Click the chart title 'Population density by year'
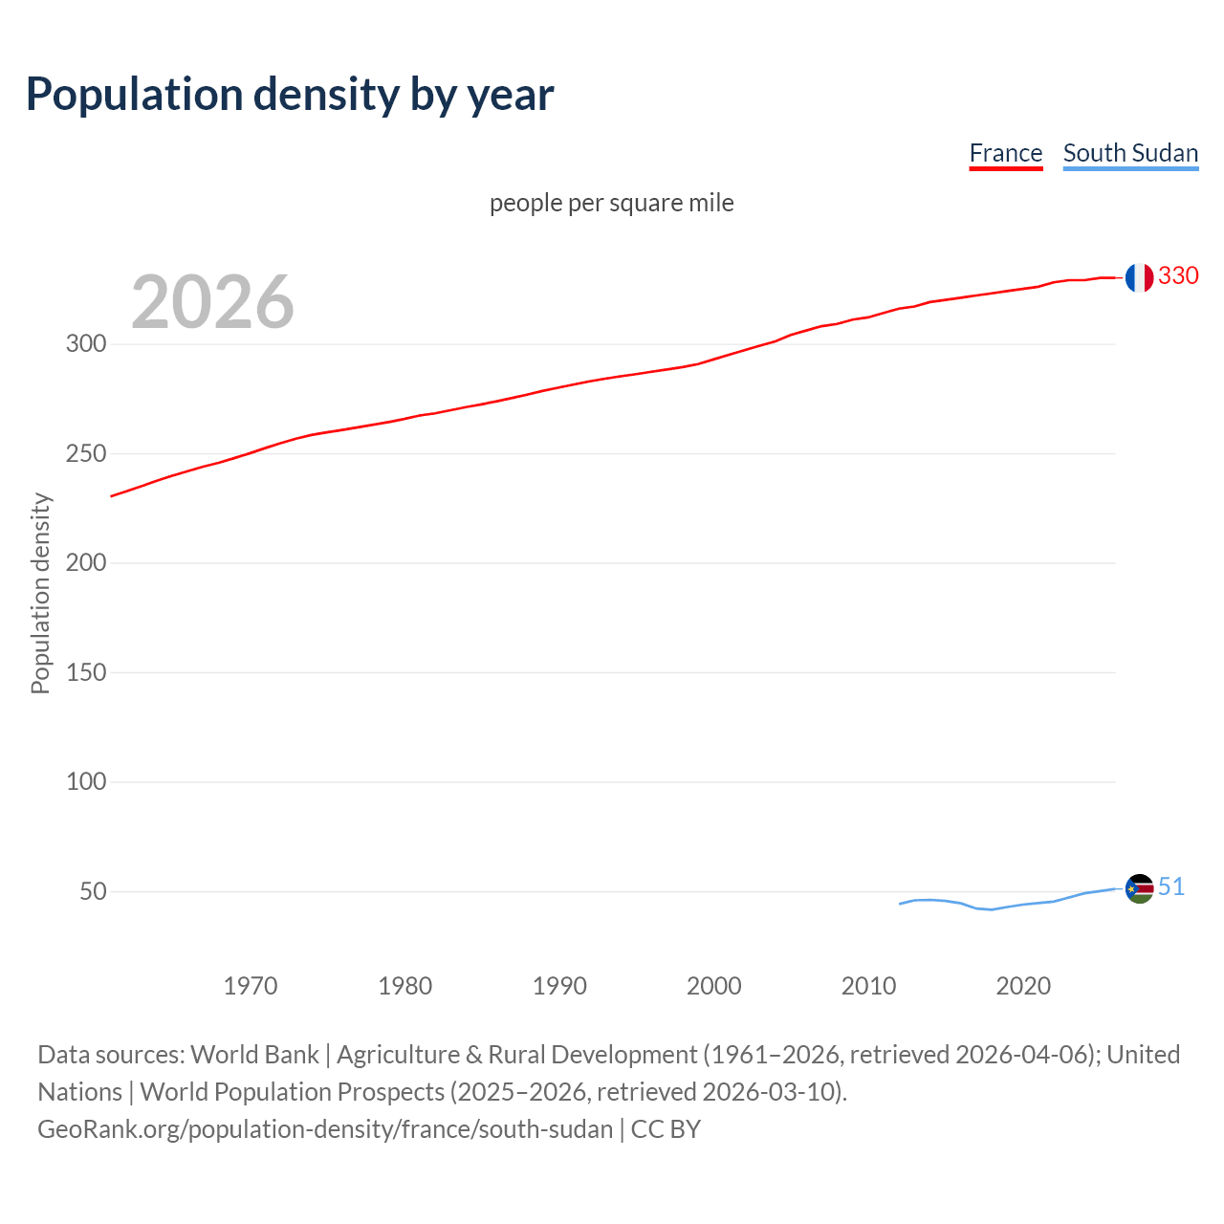pyautogui.click(x=290, y=94)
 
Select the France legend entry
pyautogui.click(x=1005, y=153)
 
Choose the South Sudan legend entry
pyautogui.click(x=1130, y=153)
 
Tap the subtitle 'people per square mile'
pyautogui.click(x=611, y=203)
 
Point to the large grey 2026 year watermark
pyautogui.click(x=212, y=302)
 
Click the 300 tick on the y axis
pyautogui.click(x=86, y=343)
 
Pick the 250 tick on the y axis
pyautogui.click(x=86, y=453)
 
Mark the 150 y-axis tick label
pyautogui.click(x=86, y=672)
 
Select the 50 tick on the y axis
pyautogui.click(x=93, y=891)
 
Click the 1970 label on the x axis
pyautogui.click(x=251, y=986)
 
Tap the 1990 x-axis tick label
pyautogui.click(x=559, y=986)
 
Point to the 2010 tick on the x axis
pyautogui.click(x=868, y=986)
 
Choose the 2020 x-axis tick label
pyautogui.click(x=1023, y=986)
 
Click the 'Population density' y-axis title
pyautogui.click(x=40, y=593)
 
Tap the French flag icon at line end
pyautogui.click(x=1139, y=277)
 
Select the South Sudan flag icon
pyautogui.click(x=1139, y=888)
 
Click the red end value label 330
pyautogui.click(x=1178, y=275)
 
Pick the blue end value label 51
pyautogui.click(x=1171, y=886)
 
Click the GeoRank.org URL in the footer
pyautogui.click(x=325, y=1129)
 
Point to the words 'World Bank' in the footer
pyautogui.click(x=254, y=1055)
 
